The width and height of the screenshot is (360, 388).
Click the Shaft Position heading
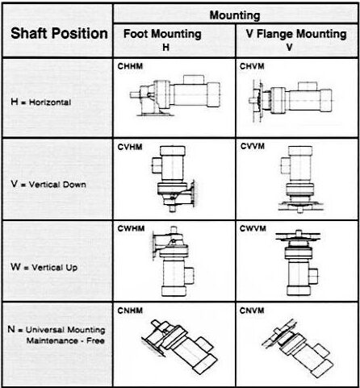click(59, 34)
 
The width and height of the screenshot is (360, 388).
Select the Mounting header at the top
click(235, 15)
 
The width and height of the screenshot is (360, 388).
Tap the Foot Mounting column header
click(162, 40)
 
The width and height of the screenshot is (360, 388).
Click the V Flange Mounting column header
click(296, 40)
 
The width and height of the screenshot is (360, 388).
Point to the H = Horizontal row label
click(41, 102)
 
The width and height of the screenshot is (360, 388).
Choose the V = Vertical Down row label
click(48, 184)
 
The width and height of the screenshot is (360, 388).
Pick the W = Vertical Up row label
click(44, 267)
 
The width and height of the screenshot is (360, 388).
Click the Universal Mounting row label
click(57, 335)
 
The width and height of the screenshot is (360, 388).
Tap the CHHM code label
click(130, 66)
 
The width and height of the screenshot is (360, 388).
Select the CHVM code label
click(252, 66)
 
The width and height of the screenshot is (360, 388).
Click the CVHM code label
click(130, 147)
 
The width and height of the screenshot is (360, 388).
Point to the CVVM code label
click(253, 146)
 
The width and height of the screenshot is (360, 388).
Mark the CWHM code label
click(131, 228)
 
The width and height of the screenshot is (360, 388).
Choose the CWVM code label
click(253, 228)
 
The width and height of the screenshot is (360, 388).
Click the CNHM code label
click(130, 311)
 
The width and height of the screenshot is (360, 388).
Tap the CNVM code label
click(252, 311)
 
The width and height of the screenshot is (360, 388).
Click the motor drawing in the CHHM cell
click(175, 95)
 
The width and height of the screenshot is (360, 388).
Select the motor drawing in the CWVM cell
click(298, 263)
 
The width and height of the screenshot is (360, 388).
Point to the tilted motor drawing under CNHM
click(179, 347)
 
